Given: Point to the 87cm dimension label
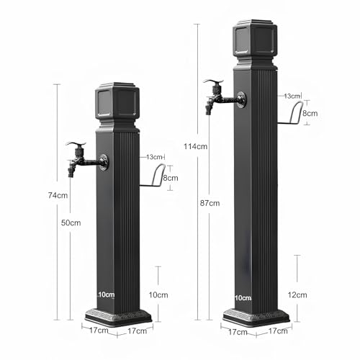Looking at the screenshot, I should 210,203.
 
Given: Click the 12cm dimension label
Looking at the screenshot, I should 297,295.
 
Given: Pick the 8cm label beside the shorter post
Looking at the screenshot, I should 170,178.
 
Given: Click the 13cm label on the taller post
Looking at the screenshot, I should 292,96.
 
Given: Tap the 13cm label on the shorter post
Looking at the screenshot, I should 155,157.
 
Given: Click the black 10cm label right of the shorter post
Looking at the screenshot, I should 158,295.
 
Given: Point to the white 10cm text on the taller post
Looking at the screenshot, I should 243,297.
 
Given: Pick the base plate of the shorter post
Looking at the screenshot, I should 118,316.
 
